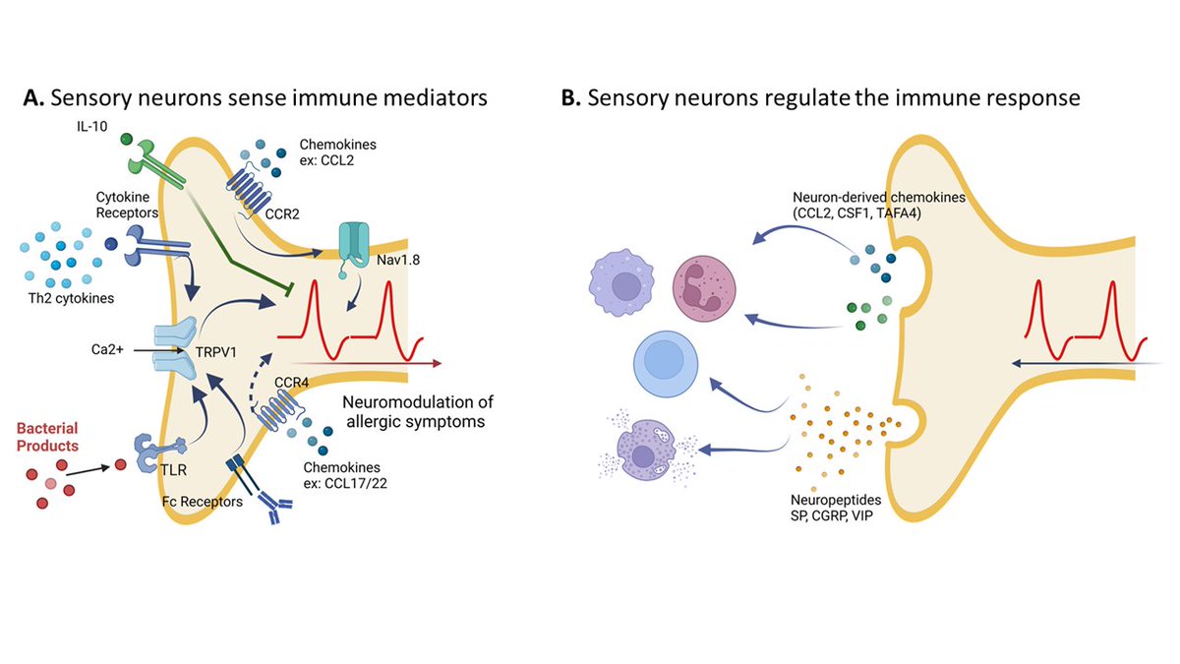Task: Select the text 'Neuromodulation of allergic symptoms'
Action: pyautogui.click(x=417, y=413)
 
